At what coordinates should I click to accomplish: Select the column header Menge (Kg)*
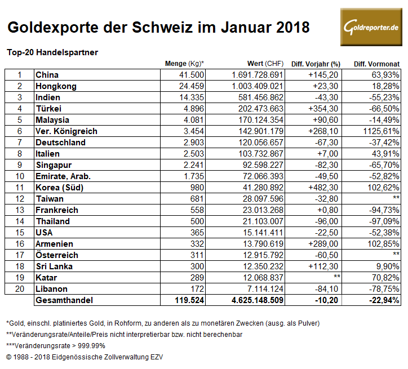click(x=184, y=63)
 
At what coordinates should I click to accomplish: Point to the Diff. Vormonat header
click(x=376, y=64)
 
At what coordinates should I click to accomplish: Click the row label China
click(x=47, y=75)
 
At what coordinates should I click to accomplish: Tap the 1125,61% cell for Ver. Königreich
click(x=378, y=131)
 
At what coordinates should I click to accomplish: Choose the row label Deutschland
click(x=60, y=143)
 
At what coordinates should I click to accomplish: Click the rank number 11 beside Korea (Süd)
click(x=19, y=188)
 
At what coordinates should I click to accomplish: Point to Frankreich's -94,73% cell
click(x=385, y=210)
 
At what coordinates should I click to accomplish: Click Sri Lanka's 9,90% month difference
click(x=388, y=266)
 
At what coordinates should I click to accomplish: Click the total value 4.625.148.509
click(x=251, y=301)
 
